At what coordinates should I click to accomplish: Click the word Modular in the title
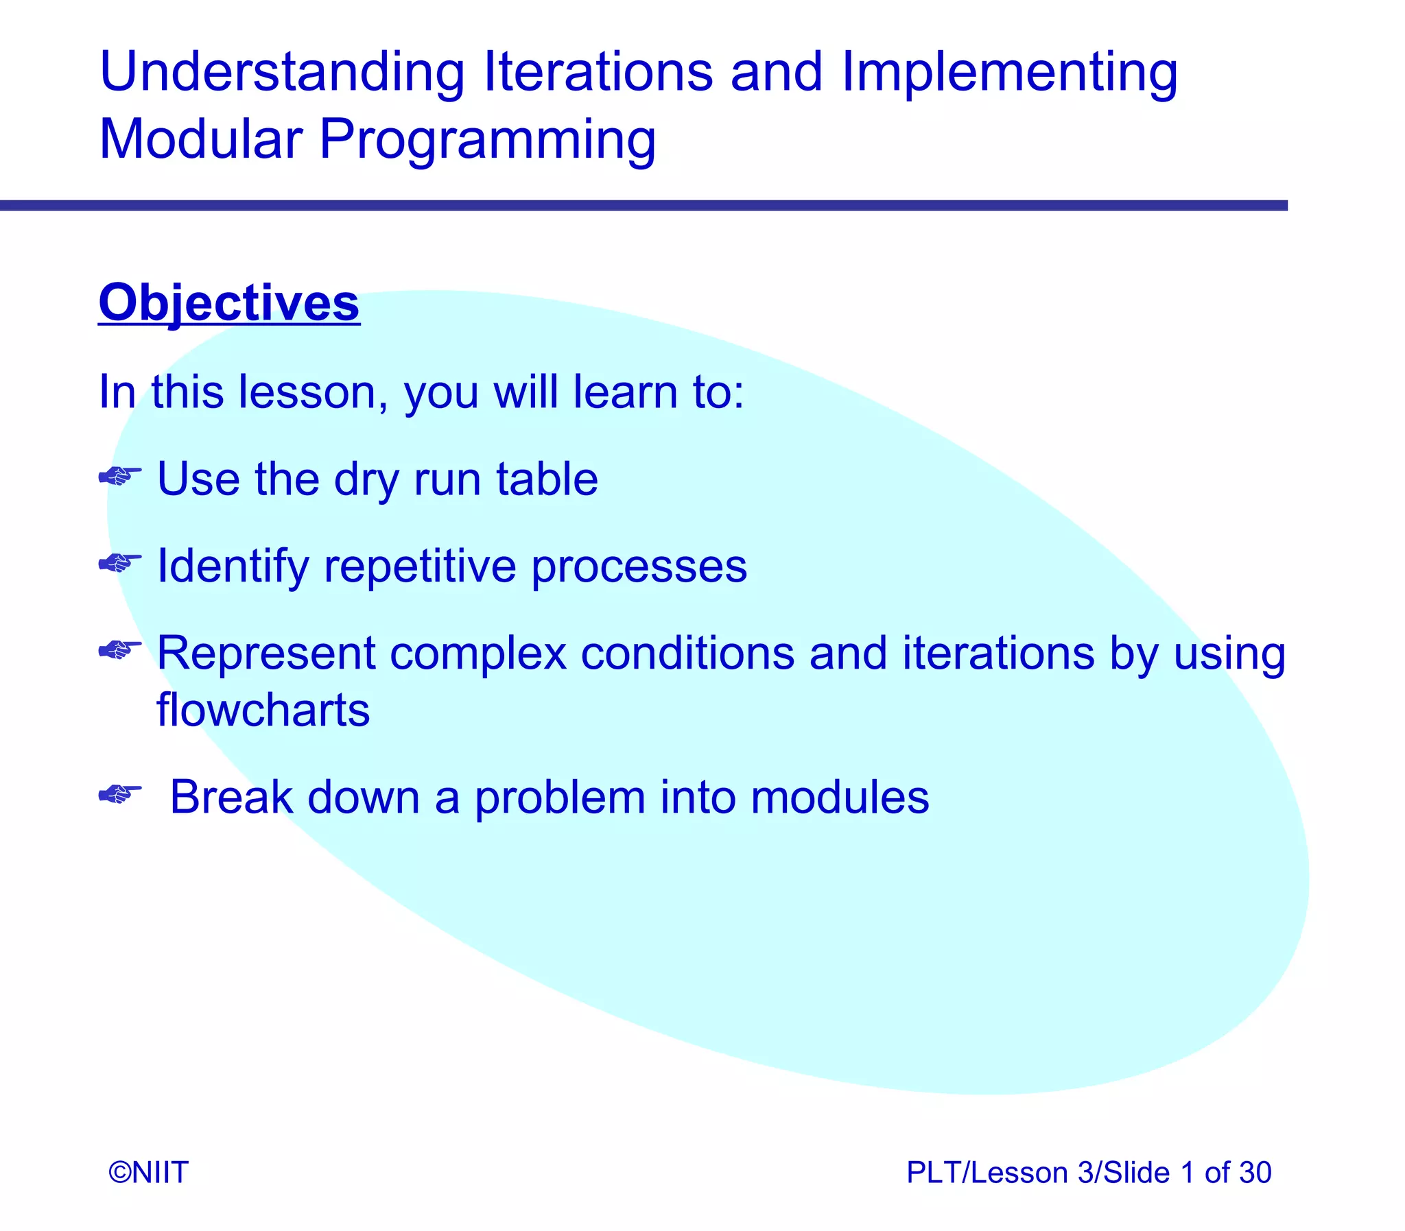(x=200, y=139)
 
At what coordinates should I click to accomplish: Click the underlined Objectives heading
(x=228, y=303)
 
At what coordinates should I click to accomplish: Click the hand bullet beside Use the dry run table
(x=120, y=475)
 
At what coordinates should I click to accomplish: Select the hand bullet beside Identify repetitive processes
(x=120, y=562)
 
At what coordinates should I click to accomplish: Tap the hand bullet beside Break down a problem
(x=120, y=794)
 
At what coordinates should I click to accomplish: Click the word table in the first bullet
(x=547, y=479)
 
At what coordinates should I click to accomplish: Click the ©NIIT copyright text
(x=148, y=1173)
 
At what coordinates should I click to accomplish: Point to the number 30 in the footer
(x=1255, y=1173)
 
